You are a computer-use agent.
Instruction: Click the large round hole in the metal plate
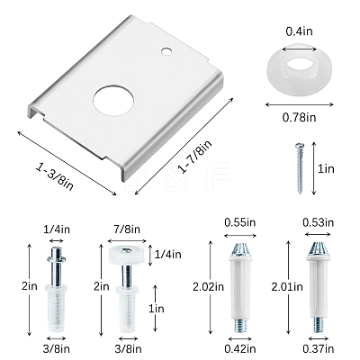click(113, 101)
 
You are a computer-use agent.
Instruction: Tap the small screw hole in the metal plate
click(166, 51)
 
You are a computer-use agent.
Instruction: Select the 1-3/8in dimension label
click(55, 176)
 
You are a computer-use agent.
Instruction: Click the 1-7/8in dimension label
click(195, 157)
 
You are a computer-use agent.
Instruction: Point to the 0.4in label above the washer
click(299, 31)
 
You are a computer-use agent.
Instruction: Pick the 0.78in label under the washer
click(300, 117)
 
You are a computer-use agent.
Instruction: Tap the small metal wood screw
click(300, 168)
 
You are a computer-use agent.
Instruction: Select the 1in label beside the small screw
click(326, 168)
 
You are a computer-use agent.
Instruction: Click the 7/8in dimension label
click(127, 229)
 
